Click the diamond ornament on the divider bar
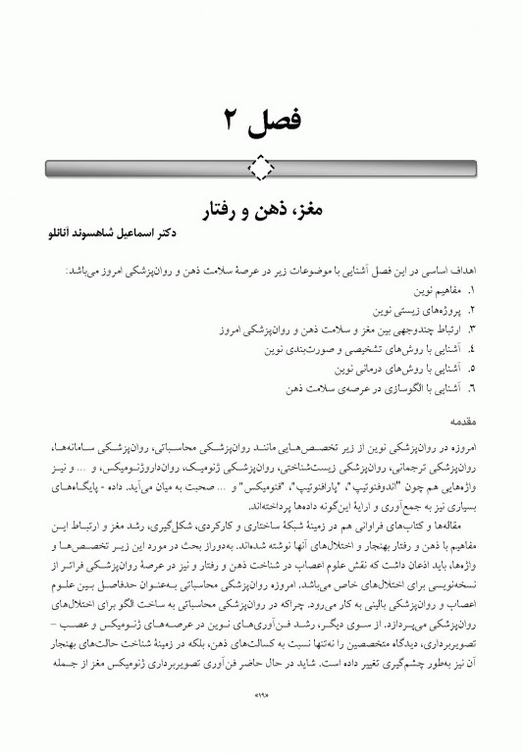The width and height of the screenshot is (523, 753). pyautogui.click(x=261, y=168)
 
